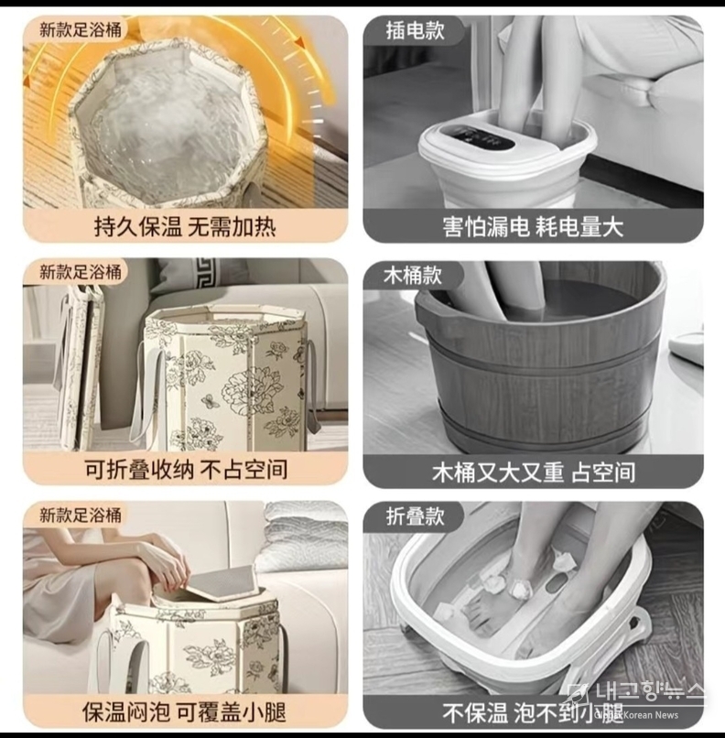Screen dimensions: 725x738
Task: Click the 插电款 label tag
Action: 415,30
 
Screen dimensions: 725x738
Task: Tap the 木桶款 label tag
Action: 413,275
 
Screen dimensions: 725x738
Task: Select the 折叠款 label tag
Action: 415,516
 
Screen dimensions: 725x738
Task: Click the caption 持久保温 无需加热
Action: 185,227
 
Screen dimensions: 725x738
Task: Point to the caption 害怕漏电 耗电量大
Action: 533,227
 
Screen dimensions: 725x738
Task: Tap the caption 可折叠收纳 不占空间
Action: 186,469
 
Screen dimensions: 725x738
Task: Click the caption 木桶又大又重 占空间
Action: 534,472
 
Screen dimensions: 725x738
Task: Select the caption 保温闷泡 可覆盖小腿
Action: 184,712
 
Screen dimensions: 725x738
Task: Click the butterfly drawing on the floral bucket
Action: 208,400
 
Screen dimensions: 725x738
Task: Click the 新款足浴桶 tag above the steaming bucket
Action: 79,29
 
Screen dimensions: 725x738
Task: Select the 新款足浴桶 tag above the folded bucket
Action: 79,272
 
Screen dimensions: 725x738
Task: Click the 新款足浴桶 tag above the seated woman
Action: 79,515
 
